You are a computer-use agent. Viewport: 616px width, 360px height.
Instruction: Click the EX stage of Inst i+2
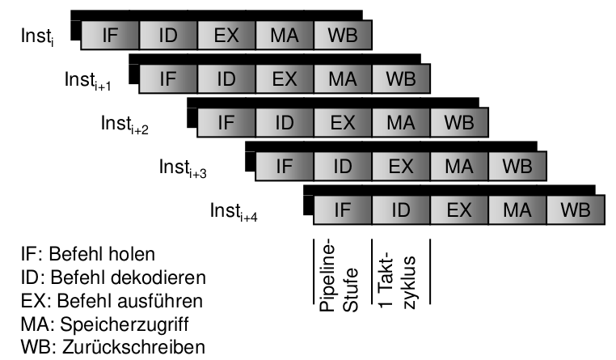pos(343,122)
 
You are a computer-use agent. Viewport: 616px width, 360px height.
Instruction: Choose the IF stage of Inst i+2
pos(226,122)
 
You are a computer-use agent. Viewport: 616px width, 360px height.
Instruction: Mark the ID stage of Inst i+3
pos(343,166)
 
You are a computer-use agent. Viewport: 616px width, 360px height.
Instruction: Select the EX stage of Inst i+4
pos(459,210)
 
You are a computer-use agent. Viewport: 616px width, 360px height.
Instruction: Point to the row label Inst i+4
pos(235,212)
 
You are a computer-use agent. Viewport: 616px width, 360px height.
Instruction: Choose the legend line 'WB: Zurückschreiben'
pos(102,347)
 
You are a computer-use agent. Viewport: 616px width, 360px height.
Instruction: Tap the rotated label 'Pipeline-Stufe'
pos(339,270)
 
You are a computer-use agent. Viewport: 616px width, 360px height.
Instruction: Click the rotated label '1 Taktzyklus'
pos(397,270)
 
